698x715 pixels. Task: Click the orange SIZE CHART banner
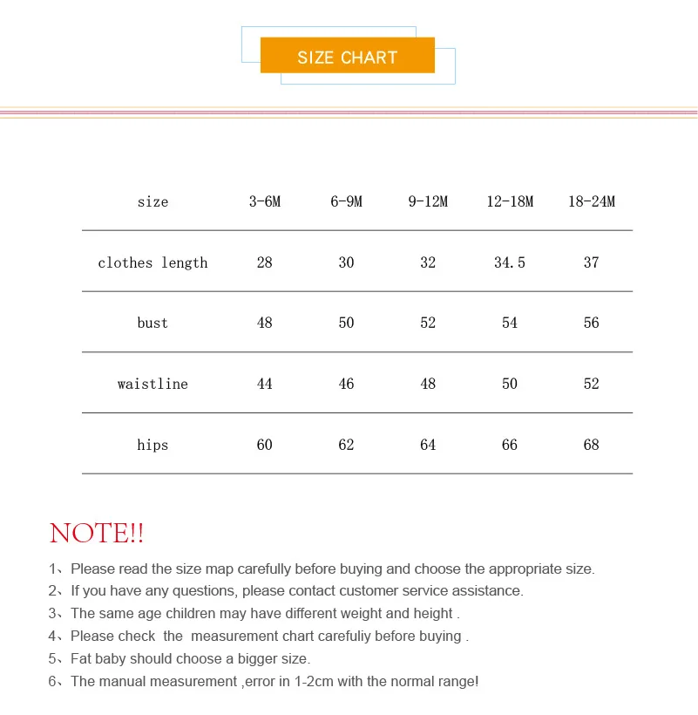(347, 58)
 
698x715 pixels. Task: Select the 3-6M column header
(265, 201)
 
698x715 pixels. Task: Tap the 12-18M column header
(510, 201)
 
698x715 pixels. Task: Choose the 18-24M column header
(592, 201)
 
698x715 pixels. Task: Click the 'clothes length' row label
(152, 262)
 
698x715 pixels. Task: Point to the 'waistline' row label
(152, 384)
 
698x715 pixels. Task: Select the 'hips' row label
(152, 445)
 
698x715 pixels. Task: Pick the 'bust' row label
(152, 323)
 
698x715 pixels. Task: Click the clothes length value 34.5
(510, 262)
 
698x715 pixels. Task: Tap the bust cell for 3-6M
(265, 323)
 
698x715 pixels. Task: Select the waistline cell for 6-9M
(346, 384)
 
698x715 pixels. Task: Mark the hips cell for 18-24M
(592, 445)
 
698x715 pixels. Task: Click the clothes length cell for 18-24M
(592, 262)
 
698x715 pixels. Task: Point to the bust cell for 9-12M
(428, 323)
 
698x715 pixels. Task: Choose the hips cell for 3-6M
(265, 445)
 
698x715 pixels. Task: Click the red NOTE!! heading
(97, 533)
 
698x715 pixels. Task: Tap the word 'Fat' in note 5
(82, 659)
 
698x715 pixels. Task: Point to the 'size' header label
(152, 201)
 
